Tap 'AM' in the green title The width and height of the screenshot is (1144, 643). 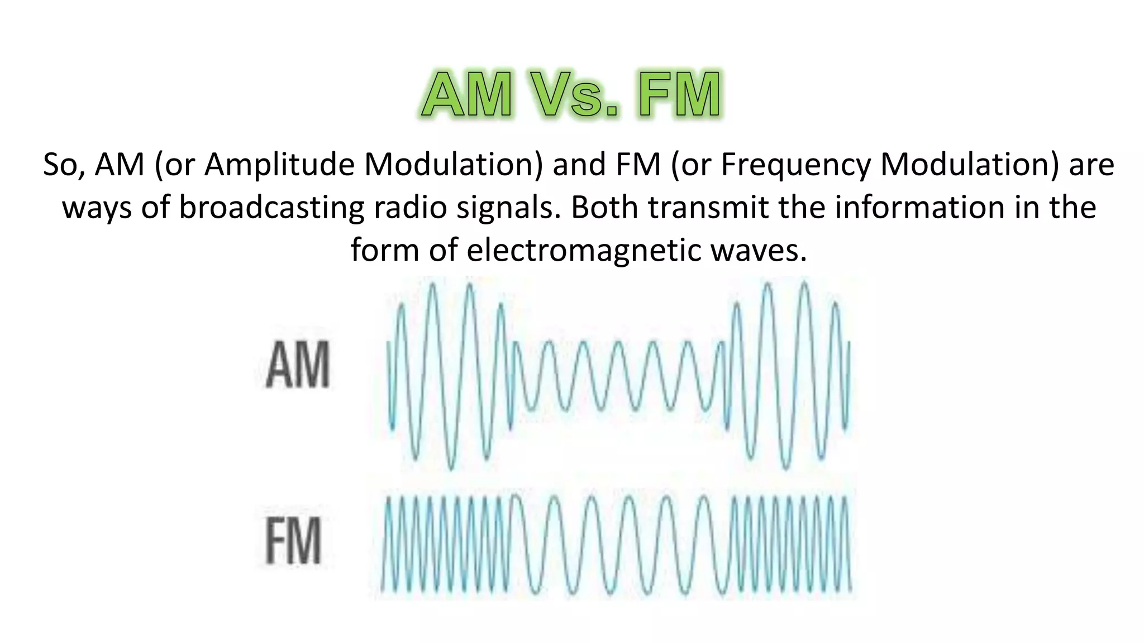tap(467, 95)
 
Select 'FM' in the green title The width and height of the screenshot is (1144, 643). tap(680, 95)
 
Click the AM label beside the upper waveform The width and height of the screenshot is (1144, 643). tap(298, 365)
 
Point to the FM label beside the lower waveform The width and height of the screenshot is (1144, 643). tap(293, 540)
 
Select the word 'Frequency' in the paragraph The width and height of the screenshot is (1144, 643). tap(796, 165)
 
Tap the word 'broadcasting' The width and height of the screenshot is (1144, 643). tap(271, 208)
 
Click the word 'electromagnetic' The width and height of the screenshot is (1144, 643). tap(583, 250)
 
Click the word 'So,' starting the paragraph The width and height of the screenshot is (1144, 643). tap(64, 165)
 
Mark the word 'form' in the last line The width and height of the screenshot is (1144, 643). tap(385, 250)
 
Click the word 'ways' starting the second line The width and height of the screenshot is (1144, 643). tap(97, 208)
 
